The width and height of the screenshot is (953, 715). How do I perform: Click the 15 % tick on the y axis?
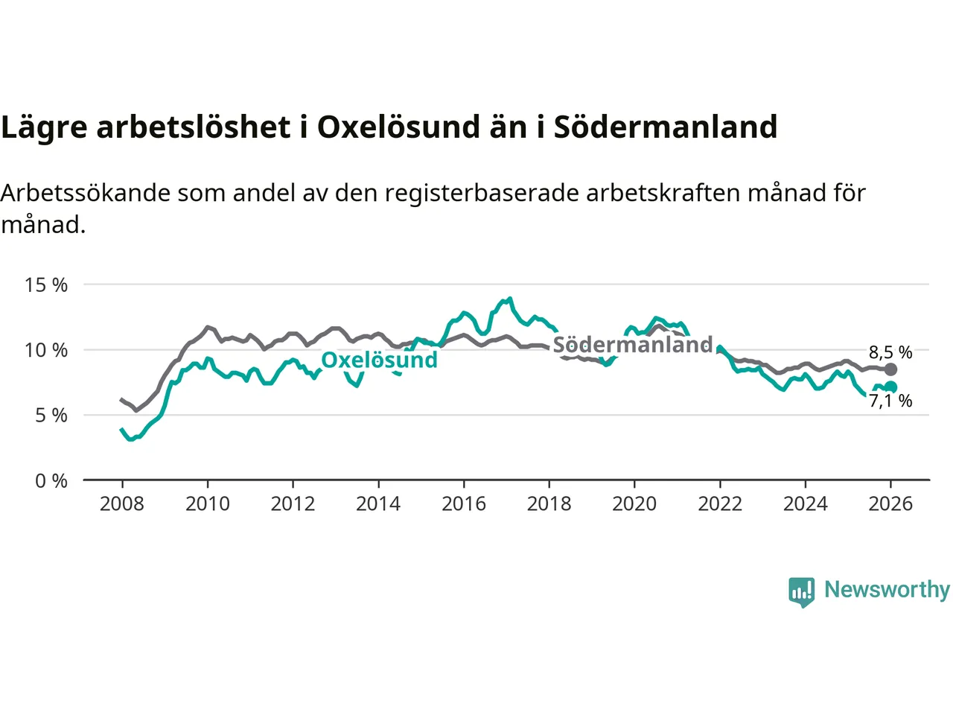46,285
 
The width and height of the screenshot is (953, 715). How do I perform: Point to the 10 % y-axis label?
46,350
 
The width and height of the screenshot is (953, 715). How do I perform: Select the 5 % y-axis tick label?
51,416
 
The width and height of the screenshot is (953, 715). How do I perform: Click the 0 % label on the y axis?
51,481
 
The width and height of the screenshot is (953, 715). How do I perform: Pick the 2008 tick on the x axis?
122,504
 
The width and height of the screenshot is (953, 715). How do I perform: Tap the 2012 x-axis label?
293,504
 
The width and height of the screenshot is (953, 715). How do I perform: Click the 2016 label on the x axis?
464,504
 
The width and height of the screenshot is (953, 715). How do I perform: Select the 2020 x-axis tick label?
634,504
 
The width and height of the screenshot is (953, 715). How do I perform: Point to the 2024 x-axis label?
806,504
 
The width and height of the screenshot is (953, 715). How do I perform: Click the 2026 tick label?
890,504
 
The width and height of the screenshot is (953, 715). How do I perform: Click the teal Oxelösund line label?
379,360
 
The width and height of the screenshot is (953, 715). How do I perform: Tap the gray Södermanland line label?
633,345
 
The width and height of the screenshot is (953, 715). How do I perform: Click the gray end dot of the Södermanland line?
890,369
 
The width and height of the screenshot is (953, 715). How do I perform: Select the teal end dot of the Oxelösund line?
890,387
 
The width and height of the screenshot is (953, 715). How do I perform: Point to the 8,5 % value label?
890,352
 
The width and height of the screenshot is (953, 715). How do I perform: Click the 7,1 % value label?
890,401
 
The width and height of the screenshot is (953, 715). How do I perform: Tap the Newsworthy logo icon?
802,591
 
